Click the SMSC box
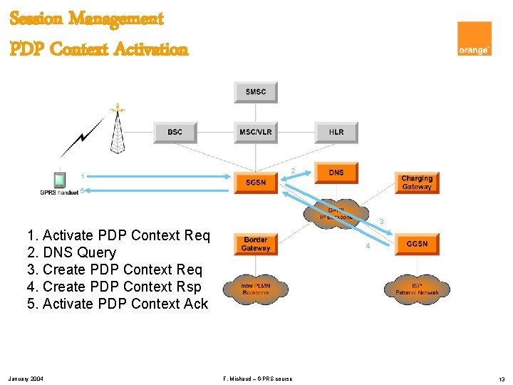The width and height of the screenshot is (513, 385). point(255,92)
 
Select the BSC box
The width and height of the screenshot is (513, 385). point(175,132)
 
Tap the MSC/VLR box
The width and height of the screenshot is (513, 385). point(255,132)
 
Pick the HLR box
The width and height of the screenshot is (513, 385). point(336,132)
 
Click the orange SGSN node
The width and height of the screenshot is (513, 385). point(255,182)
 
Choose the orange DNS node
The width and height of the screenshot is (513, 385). point(336,173)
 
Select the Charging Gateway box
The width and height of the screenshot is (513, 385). point(417,183)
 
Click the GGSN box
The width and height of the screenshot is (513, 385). point(417,244)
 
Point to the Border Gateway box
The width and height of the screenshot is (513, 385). point(255,244)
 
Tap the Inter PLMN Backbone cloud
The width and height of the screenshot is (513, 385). point(255,288)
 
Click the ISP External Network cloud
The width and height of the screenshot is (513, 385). point(418,289)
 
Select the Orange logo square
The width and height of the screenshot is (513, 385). point(474,38)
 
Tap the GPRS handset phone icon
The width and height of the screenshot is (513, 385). point(60,179)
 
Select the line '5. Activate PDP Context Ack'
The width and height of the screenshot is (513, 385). point(118,304)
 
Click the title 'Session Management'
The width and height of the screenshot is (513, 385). point(86,19)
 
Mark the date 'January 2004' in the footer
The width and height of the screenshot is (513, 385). point(26,378)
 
